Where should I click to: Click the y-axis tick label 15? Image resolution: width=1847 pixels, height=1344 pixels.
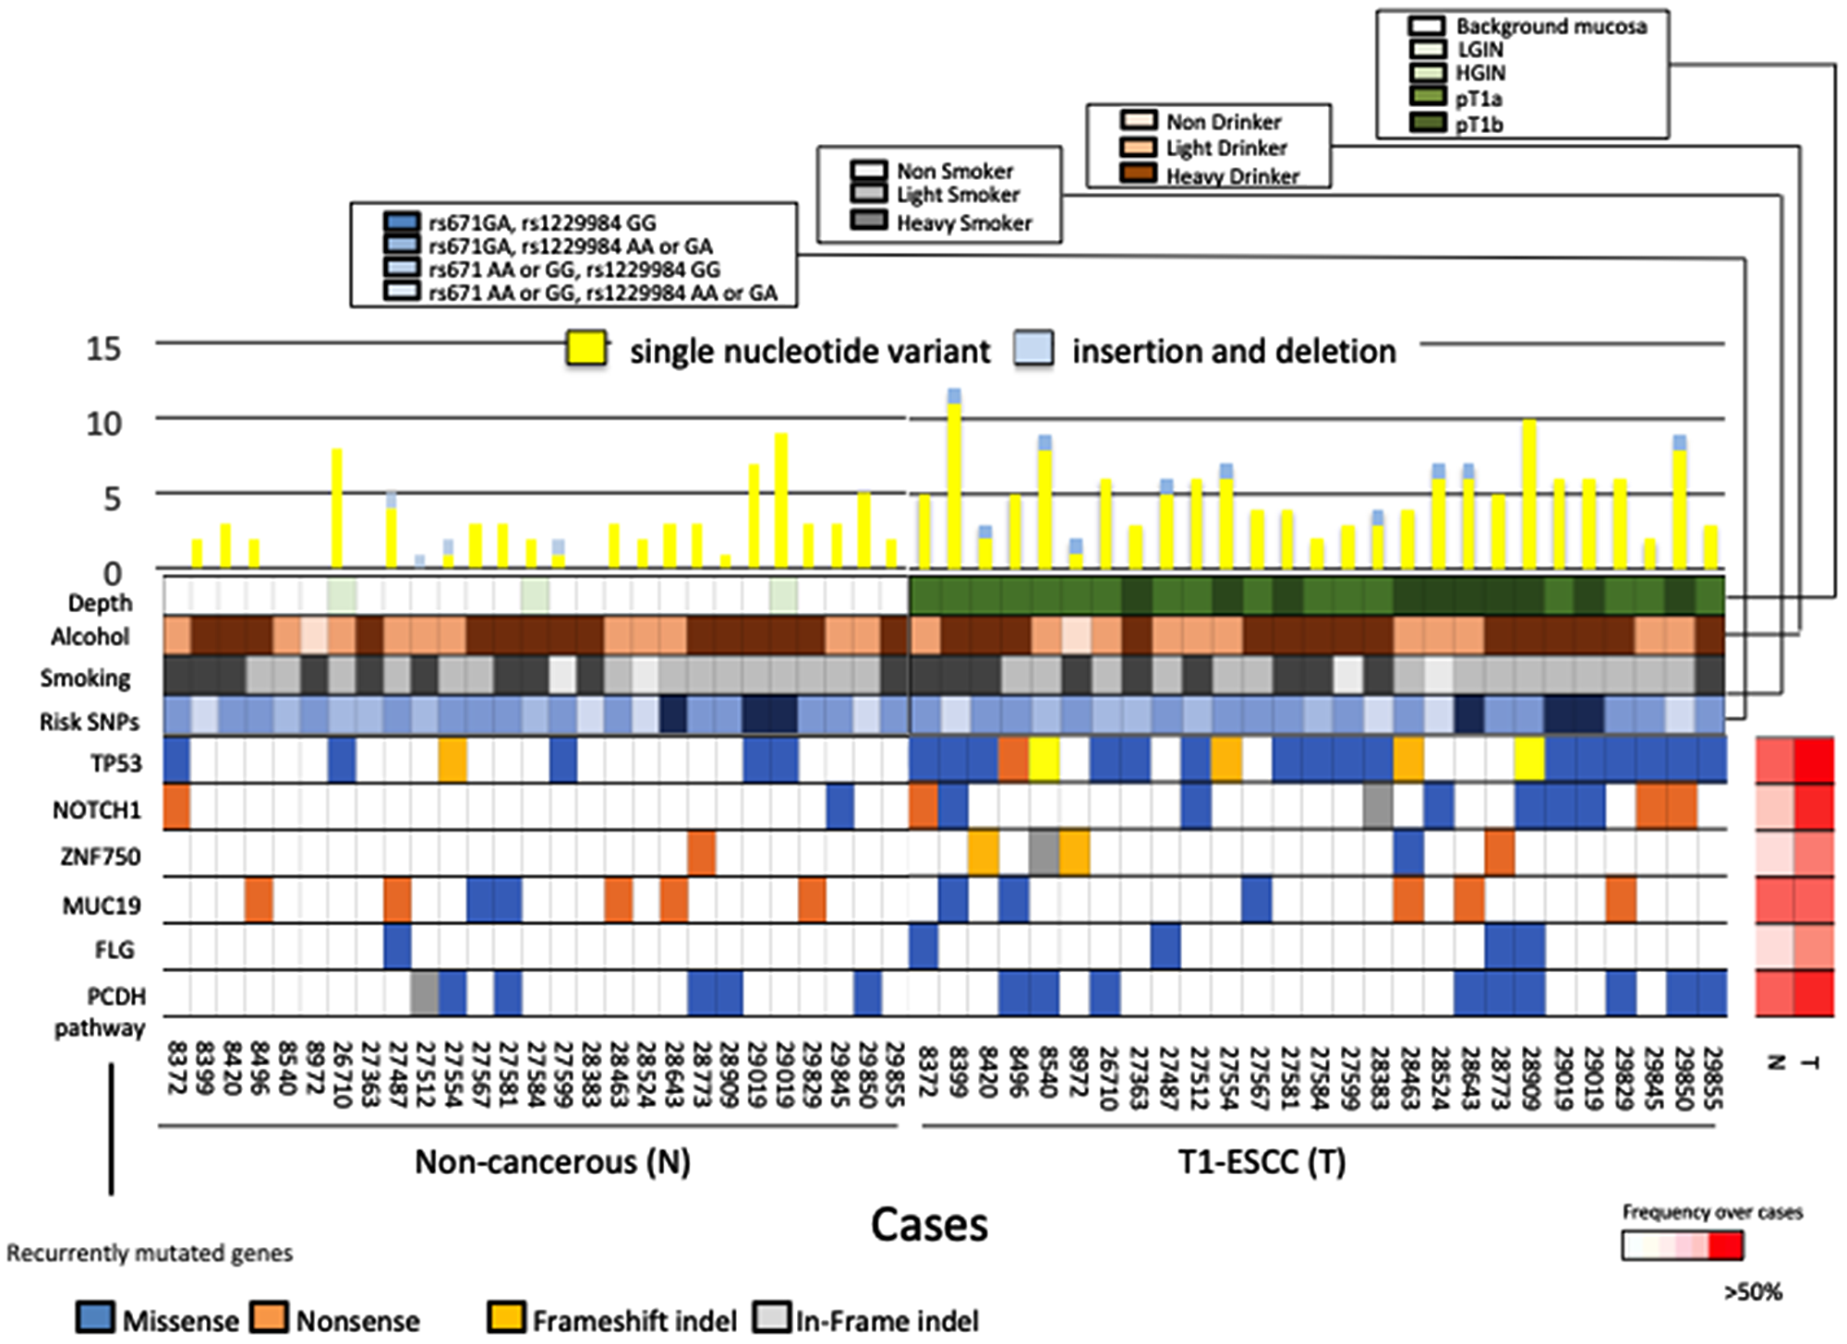[103, 349]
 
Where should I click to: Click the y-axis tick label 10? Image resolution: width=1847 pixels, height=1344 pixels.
[103, 425]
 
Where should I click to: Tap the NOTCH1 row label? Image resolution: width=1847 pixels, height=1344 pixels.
[96, 810]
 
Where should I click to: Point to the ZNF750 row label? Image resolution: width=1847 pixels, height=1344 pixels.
[100, 857]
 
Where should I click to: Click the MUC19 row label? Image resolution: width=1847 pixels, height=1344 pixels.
[102, 905]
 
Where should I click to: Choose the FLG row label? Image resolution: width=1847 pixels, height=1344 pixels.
[115, 950]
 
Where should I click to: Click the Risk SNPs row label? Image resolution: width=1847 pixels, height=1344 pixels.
[89, 722]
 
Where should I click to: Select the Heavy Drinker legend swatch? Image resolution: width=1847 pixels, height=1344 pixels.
[1138, 174]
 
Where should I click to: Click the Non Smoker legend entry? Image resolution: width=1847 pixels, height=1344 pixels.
[955, 171]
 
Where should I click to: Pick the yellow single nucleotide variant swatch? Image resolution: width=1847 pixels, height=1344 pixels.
[586, 350]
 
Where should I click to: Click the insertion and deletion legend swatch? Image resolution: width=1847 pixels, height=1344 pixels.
[1033, 350]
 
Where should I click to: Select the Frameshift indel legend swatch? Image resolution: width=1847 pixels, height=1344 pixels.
[507, 1319]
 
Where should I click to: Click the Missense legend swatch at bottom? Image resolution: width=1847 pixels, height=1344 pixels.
[96, 1319]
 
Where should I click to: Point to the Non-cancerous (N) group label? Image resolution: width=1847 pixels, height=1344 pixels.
[552, 1161]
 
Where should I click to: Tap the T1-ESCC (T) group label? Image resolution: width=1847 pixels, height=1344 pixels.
[1262, 1161]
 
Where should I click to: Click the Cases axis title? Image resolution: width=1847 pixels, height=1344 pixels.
[929, 1225]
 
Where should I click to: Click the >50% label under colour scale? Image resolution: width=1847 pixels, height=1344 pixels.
[1752, 1291]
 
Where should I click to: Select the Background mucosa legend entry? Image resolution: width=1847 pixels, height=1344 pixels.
[1551, 26]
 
